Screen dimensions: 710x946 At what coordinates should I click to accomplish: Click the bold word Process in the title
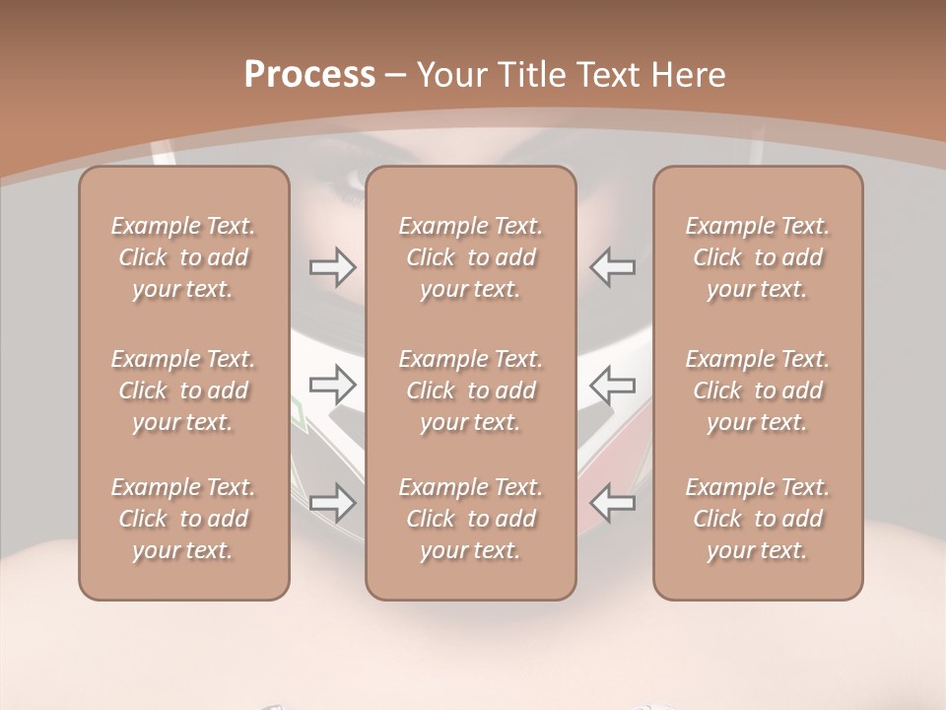[309, 75]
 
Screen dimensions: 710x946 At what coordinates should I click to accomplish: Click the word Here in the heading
[689, 75]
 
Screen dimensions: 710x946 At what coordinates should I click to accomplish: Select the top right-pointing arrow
[333, 266]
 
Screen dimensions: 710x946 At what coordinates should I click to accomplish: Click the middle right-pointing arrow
[333, 385]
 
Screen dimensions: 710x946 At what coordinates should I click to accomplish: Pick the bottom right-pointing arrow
[333, 503]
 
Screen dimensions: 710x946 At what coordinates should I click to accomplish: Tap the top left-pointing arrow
[613, 266]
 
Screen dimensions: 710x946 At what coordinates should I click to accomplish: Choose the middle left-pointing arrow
[613, 385]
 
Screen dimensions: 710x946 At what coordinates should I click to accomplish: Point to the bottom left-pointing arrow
[613, 503]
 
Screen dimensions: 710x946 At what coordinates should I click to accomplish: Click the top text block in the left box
[183, 257]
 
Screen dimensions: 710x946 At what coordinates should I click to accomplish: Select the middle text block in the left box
[183, 390]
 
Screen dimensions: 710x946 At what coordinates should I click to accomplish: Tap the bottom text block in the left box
[183, 519]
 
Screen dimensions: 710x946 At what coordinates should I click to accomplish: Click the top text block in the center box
[471, 257]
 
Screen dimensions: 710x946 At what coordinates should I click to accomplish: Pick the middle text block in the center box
[471, 390]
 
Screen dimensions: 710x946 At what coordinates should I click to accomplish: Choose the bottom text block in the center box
[471, 519]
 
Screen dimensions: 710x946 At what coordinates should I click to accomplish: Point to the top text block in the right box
[758, 257]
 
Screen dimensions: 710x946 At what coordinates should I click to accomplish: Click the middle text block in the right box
[758, 390]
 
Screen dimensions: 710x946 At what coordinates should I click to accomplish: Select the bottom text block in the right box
[758, 519]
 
